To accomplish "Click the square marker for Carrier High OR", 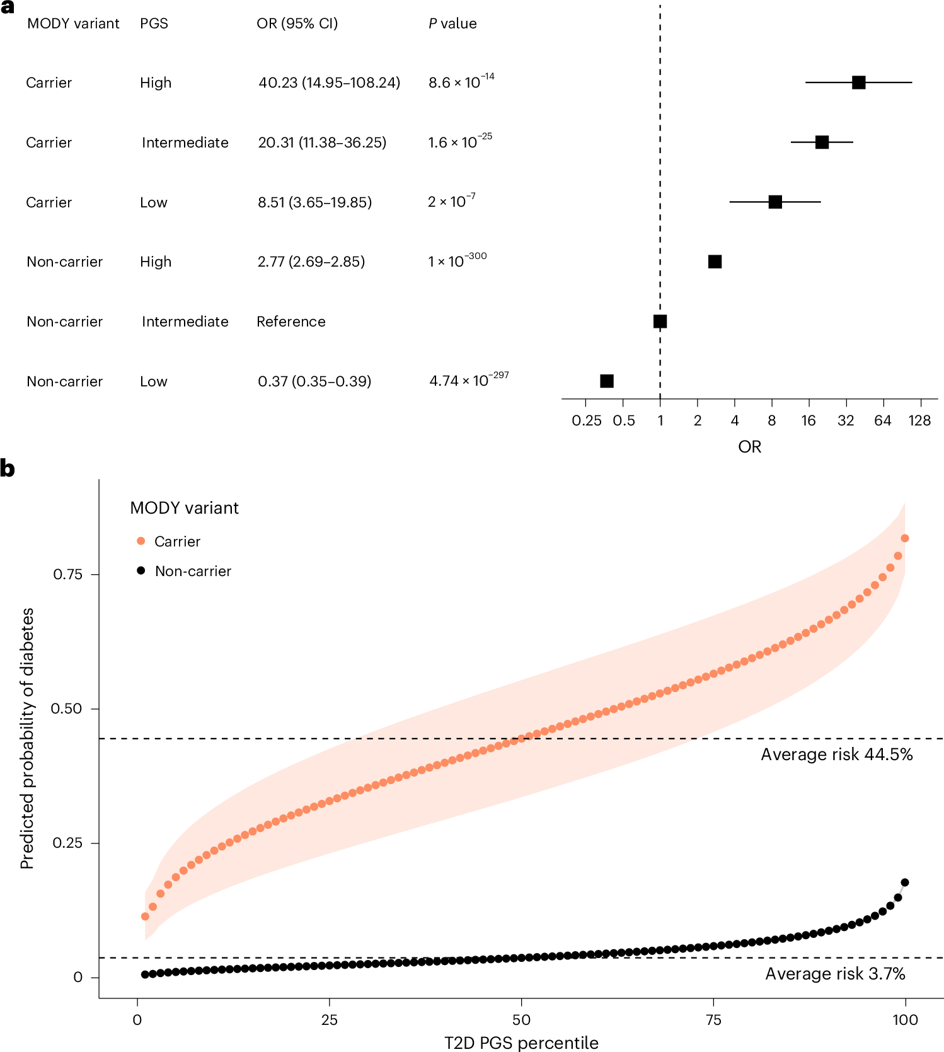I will [858, 83].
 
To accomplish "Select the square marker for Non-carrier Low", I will [607, 381].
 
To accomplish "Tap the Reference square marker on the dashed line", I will [660, 321].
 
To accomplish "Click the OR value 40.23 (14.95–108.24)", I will [329, 83].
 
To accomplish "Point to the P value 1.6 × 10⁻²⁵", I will [460, 142].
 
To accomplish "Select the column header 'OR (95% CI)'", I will [297, 23].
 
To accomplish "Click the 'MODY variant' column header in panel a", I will [73, 23].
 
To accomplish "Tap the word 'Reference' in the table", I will [291, 321].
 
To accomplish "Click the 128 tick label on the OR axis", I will [919, 420].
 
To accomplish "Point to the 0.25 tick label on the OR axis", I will [586, 420].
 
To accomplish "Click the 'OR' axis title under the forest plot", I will [749, 447].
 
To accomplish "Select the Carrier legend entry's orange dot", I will [141, 541].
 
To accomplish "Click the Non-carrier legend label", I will [193, 571].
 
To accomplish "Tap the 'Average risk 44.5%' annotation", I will [836, 754].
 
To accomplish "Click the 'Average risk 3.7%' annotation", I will [835, 974].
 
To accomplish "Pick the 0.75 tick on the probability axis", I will [67, 574].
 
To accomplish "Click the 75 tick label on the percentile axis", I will [713, 1019].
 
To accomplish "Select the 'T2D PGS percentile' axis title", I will [521, 1043].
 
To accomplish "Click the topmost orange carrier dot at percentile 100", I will [905, 538].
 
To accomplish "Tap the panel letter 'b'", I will [8, 469].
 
